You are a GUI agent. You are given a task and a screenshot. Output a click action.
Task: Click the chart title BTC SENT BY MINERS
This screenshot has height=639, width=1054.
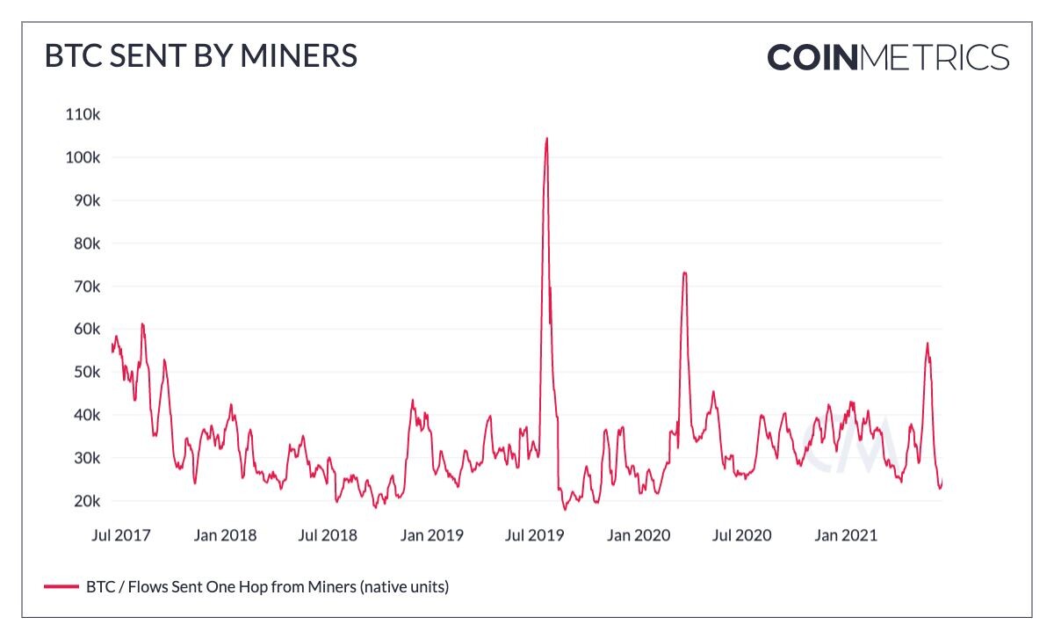coord(201,56)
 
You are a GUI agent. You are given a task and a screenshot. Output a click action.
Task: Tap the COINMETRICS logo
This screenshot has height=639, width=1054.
coord(888,57)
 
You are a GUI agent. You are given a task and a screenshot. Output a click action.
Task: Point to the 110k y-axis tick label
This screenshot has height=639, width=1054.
coord(83,114)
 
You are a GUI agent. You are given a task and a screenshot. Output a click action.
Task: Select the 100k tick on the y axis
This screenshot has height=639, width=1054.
coord(83,157)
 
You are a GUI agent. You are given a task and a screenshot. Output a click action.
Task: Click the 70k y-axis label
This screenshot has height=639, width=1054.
coord(87,287)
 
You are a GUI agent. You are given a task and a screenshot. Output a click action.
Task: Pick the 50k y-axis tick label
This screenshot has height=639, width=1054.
coord(87,372)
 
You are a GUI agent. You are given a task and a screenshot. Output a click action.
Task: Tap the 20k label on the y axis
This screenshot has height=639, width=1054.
coord(87,501)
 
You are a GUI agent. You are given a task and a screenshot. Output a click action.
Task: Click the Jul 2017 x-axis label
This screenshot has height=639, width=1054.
coord(121,535)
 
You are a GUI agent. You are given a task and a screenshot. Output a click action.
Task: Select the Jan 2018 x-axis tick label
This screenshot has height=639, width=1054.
coord(225,535)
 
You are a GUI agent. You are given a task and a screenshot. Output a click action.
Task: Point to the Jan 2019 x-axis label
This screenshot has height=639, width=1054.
coord(431,535)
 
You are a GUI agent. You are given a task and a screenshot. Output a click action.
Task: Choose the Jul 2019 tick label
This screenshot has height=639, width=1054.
coord(535,535)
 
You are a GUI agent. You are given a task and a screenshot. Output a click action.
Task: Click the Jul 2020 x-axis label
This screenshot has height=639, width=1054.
coord(741,535)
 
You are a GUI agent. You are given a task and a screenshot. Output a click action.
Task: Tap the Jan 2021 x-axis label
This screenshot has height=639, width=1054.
coord(846,535)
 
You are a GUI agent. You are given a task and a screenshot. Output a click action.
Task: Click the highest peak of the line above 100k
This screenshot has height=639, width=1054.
coord(546,138)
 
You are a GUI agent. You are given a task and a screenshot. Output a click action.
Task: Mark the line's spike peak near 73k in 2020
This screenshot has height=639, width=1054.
coord(684,272)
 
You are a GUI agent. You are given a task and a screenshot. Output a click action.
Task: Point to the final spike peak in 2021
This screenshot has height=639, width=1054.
coord(927,344)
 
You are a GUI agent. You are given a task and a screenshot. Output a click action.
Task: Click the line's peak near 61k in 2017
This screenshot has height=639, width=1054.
coord(142,324)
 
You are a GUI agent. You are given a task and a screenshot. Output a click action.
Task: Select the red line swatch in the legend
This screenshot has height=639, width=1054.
coord(61,587)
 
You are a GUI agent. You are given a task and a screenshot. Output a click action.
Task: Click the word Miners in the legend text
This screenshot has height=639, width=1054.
coord(332,587)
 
